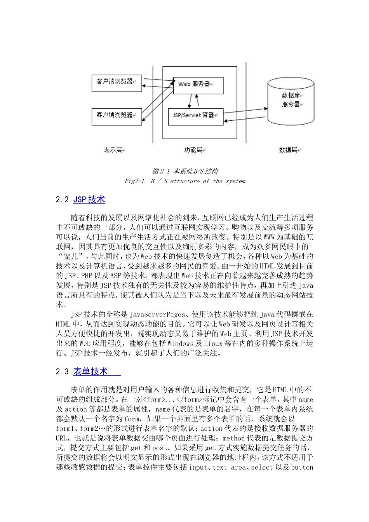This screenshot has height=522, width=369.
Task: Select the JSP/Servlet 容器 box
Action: tap(195, 116)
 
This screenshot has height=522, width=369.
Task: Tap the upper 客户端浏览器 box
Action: tap(117, 83)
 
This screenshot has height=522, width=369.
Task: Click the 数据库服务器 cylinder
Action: tap(291, 100)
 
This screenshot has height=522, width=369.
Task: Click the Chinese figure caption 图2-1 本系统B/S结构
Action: tap(185, 171)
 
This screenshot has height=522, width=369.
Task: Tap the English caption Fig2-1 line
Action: tap(185, 181)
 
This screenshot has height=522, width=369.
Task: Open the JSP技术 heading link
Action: tap(89, 200)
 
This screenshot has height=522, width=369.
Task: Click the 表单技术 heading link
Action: tap(91, 372)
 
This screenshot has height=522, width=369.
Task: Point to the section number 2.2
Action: tap(62, 200)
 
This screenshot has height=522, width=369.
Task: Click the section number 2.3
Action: tap(62, 372)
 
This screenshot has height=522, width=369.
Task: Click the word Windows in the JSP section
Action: tap(181, 343)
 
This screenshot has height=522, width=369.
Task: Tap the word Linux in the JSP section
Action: tap(213, 343)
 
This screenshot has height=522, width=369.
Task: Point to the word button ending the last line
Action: tap(302, 468)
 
